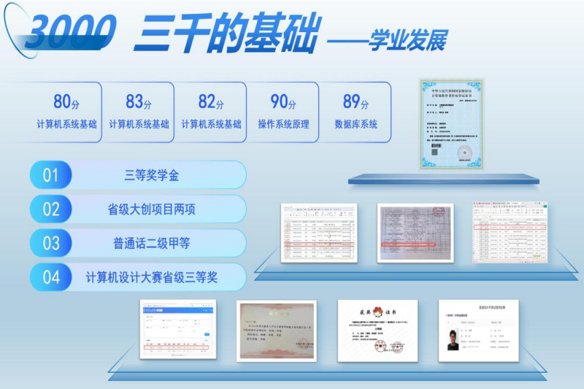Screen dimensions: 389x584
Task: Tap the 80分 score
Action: (66, 102)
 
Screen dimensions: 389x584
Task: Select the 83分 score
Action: (139, 102)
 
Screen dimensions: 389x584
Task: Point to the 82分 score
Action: (211, 102)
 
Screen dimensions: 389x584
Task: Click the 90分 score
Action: (283, 102)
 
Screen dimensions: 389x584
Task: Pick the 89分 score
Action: (356, 102)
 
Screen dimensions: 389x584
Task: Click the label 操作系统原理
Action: (283, 124)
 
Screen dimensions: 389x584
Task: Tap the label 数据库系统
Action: (356, 124)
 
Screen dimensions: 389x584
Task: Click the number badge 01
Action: (50, 175)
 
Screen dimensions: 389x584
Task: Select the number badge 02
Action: (50, 209)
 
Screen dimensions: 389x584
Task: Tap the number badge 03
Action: (50, 243)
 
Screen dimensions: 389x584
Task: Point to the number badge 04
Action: (50, 277)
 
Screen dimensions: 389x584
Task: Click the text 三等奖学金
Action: (152, 175)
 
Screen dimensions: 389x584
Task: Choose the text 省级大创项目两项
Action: (152, 209)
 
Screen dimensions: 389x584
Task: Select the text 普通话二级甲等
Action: (152, 243)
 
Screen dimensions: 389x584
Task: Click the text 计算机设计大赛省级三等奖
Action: (152, 277)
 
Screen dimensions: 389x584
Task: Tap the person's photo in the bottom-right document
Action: (454, 340)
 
